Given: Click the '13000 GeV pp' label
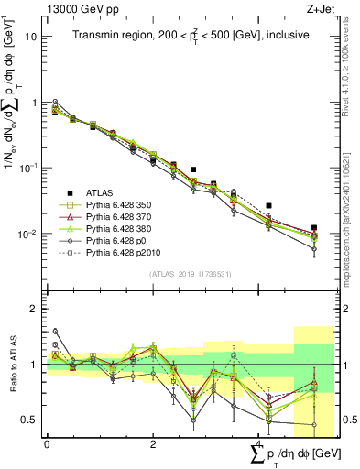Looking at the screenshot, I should tap(75, 7).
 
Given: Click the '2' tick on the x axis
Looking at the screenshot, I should tap(153, 444).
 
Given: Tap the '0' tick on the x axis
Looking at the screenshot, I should tap(47, 444).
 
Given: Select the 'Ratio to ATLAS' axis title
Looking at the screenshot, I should tap(11, 364).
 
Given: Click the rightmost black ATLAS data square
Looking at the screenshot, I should tap(313, 227).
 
